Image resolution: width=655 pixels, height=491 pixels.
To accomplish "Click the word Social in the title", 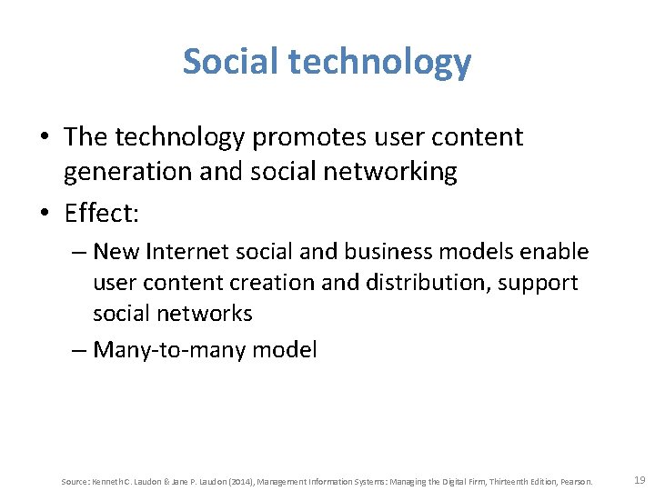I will tap(232, 62).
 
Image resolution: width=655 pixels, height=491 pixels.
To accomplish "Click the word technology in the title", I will tap(381, 62).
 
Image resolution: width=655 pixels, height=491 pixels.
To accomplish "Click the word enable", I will tap(555, 251).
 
